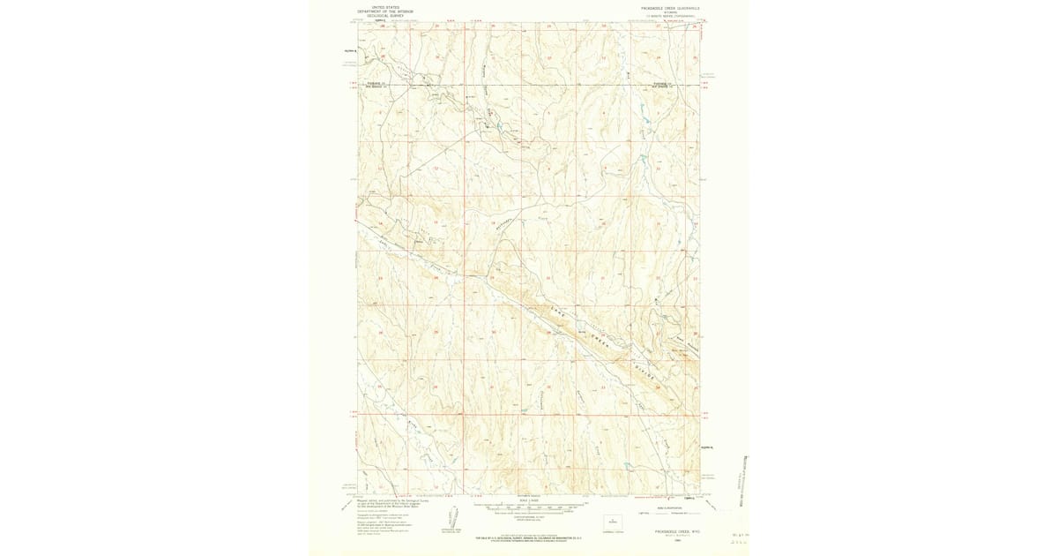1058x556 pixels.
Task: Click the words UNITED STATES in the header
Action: point(385,7)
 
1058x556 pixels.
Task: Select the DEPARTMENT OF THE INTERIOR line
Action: point(385,11)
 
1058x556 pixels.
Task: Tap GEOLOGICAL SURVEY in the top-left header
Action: point(385,16)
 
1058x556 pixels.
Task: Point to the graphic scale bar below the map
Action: point(529,509)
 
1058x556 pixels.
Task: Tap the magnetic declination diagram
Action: point(453,519)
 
